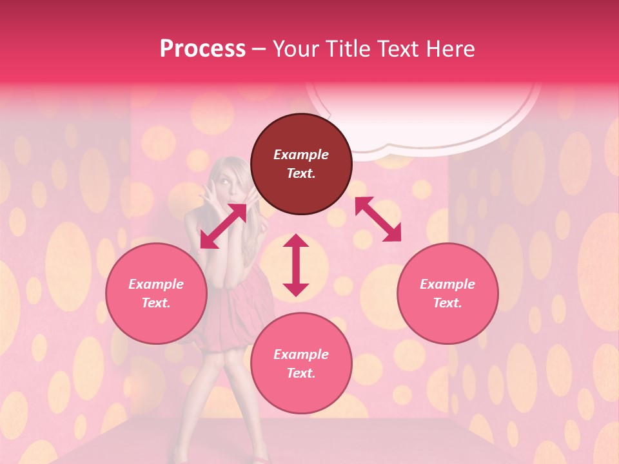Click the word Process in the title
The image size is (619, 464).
pos(202,48)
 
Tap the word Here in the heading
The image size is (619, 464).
pos(450,48)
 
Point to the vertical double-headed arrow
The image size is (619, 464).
pos(296,265)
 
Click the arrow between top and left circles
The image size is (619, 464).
pos(223,226)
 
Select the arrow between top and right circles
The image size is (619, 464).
pos(378,219)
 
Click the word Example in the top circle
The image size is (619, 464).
pos(301,155)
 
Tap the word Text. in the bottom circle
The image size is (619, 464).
pos(301,373)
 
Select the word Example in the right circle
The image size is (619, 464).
pos(447,284)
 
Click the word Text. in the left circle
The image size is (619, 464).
pos(156,303)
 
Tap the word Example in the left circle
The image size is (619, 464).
pos(156,284)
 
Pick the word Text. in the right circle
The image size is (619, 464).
pos(447,303)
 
